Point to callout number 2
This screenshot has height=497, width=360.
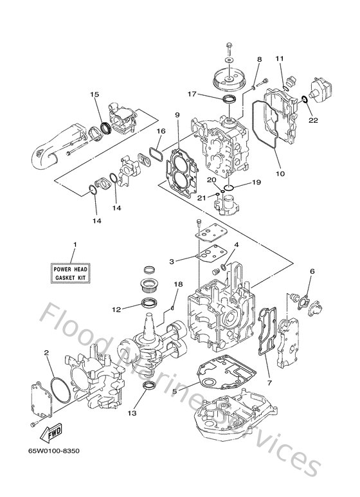coord(47,352)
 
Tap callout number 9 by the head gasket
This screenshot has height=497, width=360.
coord(176,116)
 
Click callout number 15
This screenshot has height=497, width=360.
coord(95,95)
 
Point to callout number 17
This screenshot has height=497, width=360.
coord(191,94)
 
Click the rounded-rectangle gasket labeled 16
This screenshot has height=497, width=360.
coord(155,153)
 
